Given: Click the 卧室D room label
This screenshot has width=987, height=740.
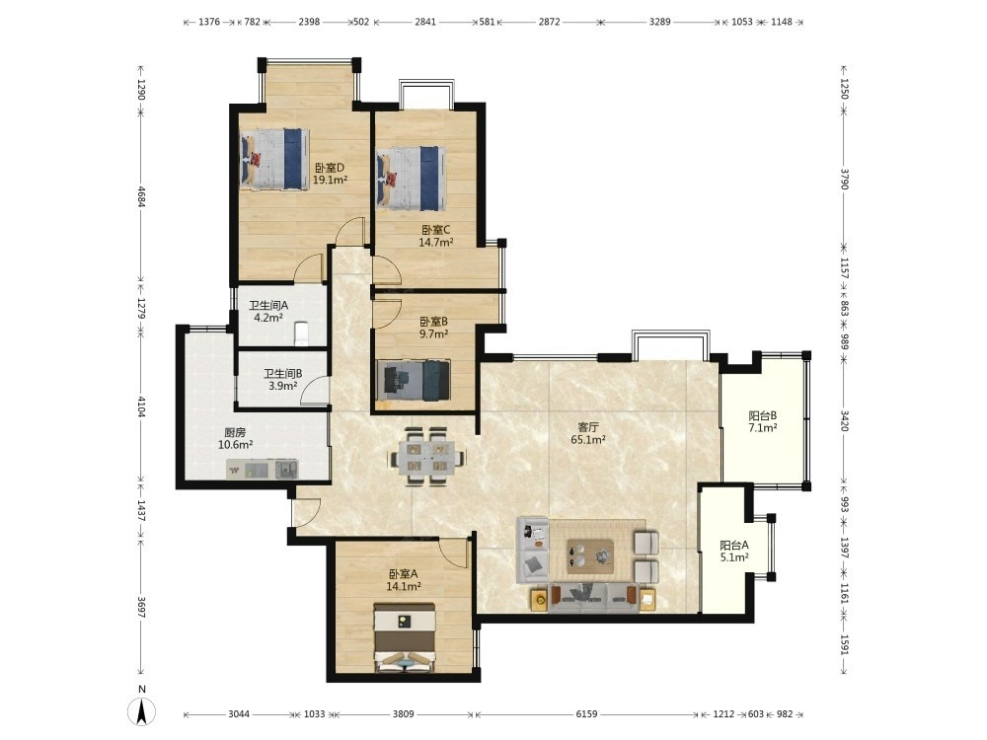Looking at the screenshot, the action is pyautogui.click(x=330, y=168).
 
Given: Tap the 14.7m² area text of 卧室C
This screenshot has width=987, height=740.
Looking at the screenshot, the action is pyautogui.click(x=436, y=242).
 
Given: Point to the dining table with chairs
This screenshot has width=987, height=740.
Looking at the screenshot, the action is pyautogui.click(x=427, y=456).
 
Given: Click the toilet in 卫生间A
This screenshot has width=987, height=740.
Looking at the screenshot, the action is pyautogui.click(x=301, y=333).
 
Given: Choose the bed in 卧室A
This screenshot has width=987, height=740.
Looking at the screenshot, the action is pyautogui.click(x=404, y=637).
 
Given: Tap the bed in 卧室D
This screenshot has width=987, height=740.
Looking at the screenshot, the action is pyautogui.click(x=274, y=159).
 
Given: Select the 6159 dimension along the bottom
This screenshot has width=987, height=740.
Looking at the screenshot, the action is pyautogui.click(x=586, y=714).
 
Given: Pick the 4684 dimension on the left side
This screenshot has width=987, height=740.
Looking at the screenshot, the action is pyautogui.click(x=141, y=196).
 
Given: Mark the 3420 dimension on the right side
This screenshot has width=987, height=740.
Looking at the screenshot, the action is pyautogui.click(x=845, y=420).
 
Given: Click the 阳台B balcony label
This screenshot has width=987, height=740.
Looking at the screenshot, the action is pyautogui.click(x=762, y=416).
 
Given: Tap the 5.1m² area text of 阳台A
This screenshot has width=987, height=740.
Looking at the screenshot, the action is pyautogui.click(x=734, y=556).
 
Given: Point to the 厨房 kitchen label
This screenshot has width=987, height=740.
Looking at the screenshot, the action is pyautogui.click(x=235, y=433).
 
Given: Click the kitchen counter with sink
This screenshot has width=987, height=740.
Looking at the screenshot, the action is pyautogui.click(x=263, y=469).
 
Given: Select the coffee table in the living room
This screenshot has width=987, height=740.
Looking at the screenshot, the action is pyautogui.click(x=590, y=556).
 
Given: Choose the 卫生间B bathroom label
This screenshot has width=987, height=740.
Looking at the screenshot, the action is pyautogui.click(x=282, y=374).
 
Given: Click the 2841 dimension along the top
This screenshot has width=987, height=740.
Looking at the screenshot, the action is pyautogui.click(x=424, y=22).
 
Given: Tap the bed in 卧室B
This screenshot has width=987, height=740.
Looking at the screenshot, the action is pyautogui.click(x=413, y=380).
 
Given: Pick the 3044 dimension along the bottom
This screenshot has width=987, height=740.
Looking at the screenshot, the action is pyautogui.click(x=239, y=714).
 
